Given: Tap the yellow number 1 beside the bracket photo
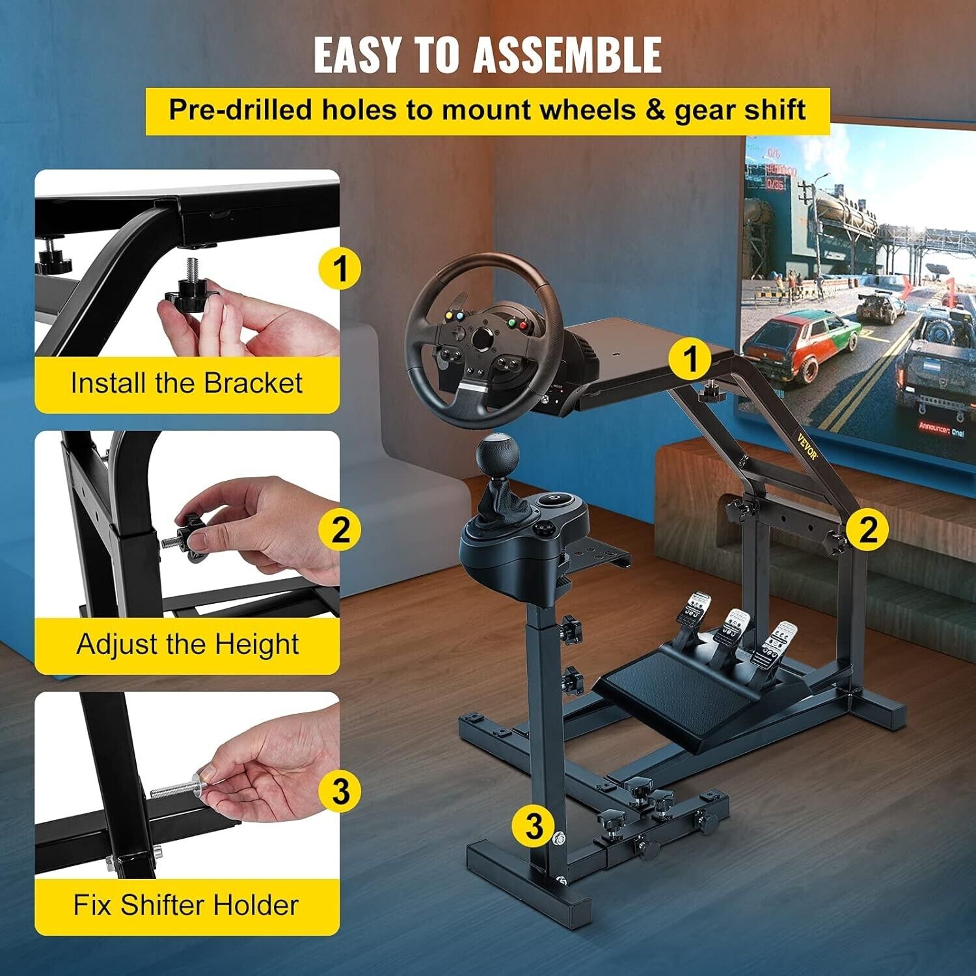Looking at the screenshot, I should tap(340, 268).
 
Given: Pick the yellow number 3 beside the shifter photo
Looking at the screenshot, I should tap(340, 791).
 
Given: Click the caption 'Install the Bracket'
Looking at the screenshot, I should tap(187, 383).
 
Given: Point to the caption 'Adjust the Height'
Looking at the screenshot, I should tap(187, 644).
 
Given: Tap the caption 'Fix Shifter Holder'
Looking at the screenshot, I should tap(186, 905).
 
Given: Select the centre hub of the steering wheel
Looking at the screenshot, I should tap(482, 339).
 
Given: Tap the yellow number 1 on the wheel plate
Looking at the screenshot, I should tap(690, 359).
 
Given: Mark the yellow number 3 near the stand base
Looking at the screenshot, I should tap(534, 825).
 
